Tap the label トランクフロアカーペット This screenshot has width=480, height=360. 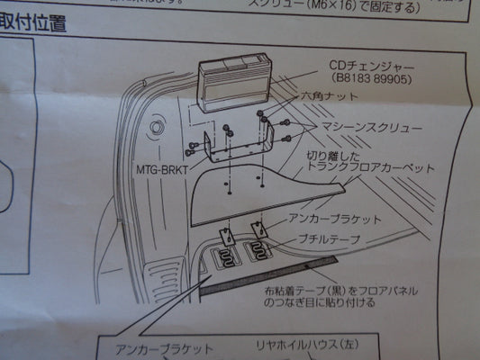click(367, 168)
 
